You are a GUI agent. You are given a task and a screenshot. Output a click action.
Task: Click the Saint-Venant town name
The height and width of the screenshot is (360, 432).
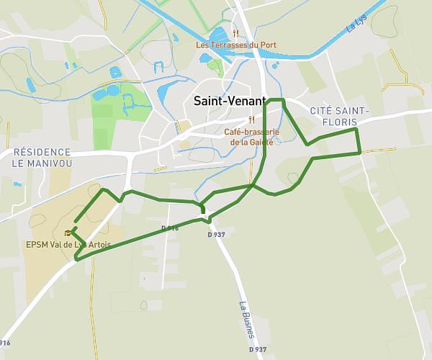230,102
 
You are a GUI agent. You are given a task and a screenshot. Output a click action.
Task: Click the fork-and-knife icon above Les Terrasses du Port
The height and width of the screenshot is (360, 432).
235,33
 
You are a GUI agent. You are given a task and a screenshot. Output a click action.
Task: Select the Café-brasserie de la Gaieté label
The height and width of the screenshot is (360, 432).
252,137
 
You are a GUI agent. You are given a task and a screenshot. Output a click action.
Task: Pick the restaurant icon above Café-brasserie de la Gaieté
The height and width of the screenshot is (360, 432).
252,120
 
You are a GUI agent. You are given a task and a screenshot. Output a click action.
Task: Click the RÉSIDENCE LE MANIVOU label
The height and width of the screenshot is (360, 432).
42,158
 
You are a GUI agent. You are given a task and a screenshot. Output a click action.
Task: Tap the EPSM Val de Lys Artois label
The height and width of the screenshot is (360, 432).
68,245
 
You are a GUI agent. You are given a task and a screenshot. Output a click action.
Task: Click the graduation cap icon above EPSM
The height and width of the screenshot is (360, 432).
68,233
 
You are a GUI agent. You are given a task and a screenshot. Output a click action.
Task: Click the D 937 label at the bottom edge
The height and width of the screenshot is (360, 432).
257,349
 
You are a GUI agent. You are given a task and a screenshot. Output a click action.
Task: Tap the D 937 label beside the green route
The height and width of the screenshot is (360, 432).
216,235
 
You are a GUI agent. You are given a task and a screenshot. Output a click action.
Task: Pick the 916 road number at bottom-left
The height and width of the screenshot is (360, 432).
5,343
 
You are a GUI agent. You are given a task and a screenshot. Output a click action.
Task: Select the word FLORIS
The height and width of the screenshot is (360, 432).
339,122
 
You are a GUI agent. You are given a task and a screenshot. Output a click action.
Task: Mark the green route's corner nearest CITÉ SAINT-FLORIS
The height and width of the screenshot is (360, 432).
356,130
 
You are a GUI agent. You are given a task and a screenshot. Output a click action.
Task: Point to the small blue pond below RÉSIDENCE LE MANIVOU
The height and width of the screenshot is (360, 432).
17,184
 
